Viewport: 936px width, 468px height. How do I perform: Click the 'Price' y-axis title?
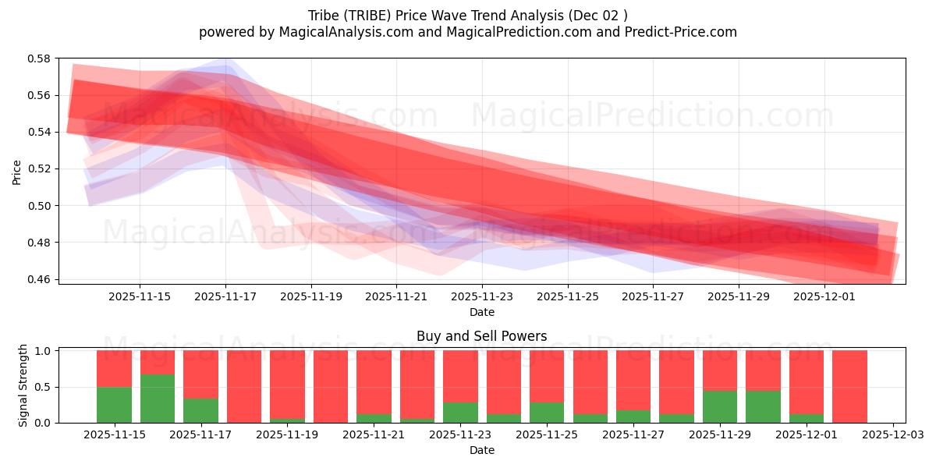17,172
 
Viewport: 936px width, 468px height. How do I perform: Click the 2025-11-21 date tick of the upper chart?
396,296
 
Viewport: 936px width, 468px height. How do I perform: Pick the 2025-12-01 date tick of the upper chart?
824,296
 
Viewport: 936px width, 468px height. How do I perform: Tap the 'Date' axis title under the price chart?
481,312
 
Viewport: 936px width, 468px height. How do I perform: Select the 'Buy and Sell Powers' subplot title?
481,336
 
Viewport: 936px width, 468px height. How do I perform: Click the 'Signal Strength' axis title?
23,385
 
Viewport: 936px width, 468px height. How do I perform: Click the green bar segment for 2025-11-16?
158,399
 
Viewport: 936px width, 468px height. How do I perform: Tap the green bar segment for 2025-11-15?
114,405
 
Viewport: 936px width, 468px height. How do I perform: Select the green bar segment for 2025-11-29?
719,406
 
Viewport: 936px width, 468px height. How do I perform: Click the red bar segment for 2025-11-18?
243,386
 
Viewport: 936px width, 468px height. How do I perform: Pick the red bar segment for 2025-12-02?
849,386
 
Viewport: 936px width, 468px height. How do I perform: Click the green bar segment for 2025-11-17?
200,410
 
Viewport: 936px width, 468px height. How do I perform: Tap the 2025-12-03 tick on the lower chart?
892,435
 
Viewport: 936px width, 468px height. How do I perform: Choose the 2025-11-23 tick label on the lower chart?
460,435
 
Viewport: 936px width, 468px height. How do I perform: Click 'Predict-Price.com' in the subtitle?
679,32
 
